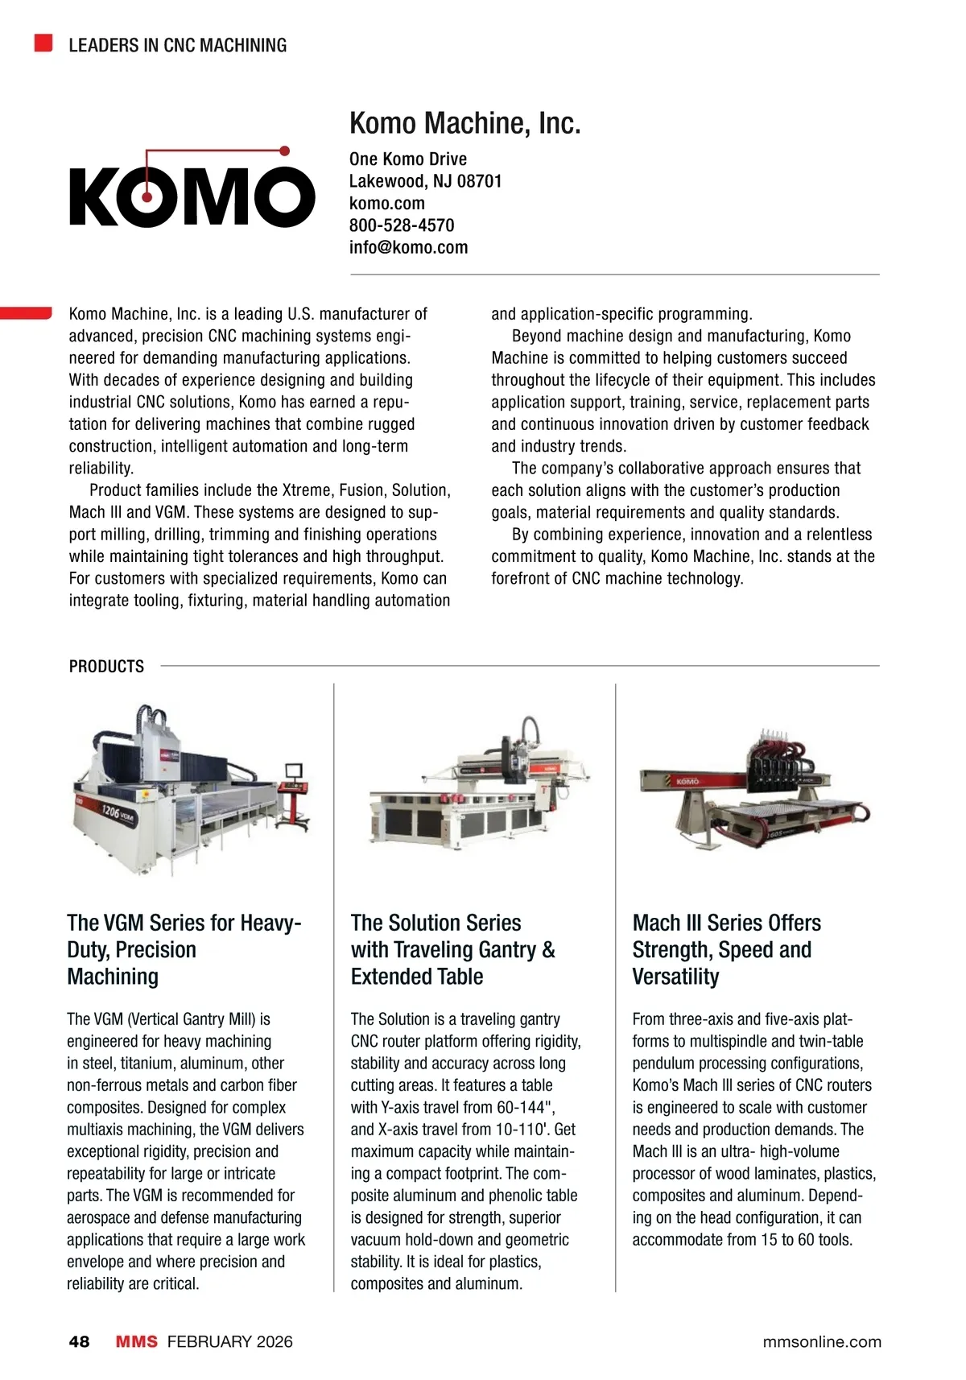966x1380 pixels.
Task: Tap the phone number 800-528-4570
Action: pyautogui.click(x=402, y=225)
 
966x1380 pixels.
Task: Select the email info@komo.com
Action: pyautogui.click(x=408, y=247)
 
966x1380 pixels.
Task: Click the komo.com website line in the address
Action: pyautogui.click(x=386, y=204)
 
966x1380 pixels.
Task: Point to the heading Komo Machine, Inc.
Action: pyautogui.click(x=464, y=123)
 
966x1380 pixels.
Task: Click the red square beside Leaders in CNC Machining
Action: pyautogui.click(x=43, y=43)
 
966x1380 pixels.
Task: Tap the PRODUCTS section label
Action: pyautogui.click(x=106, y=667)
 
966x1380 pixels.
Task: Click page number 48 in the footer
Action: pyautogui.click(x=79, y=1341)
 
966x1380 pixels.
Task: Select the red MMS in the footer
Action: pyautogui.click(x=137, y=1341)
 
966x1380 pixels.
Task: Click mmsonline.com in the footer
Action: pyautogui.click(x=822, y=1341)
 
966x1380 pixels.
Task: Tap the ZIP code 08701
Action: pyautogui.click(x=479, y=181)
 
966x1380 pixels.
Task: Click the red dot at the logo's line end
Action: pyautogui.click(x=283, y=151)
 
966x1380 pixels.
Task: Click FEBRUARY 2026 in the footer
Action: pyautogui.click(x=229, y=1341)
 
